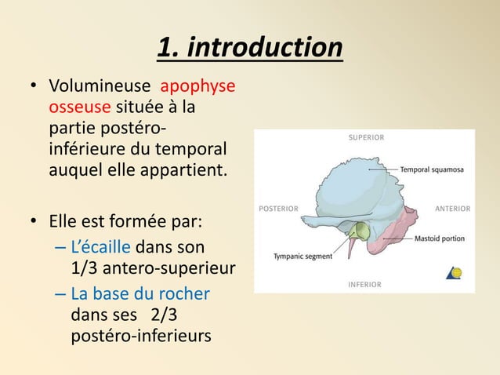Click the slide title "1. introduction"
click(249, 48)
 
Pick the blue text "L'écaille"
click(101, 249)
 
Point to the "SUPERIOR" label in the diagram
click(366, 138)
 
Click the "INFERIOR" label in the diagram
click(364, 284)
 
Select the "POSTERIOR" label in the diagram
click(278, 209)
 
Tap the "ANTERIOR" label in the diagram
click(452, 209)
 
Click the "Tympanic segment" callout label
click(303, 256)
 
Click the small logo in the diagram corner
click(454, 272)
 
